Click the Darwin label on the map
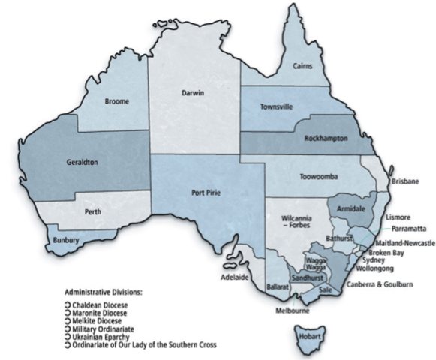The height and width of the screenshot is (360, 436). pos(193,93)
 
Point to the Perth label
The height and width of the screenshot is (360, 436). pos(93,213)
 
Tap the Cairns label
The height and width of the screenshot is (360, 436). pos(304,66)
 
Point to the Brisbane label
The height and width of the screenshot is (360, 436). pos(404,181)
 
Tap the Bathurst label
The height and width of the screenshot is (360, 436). pos(339,238)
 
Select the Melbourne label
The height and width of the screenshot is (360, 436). pos(294,310)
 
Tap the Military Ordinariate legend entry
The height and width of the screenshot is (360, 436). pos(106,328)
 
